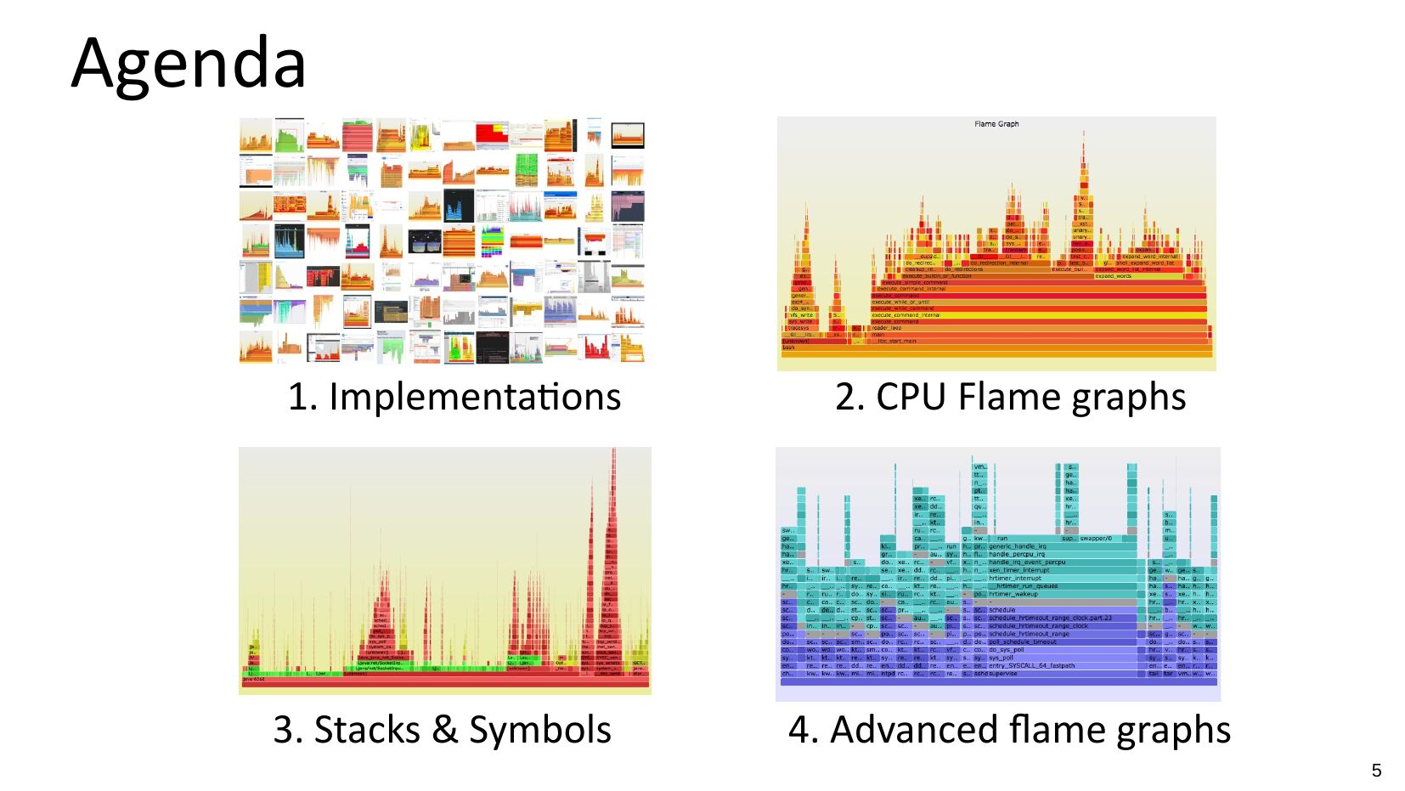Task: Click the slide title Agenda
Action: (189, 63)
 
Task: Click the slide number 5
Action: (1376, 771)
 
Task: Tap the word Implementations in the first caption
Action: (475, 397)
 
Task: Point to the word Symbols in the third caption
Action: (540, 730)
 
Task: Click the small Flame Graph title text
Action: (996, 124)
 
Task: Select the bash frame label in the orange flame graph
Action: (789, 347)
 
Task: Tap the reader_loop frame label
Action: (886, 328)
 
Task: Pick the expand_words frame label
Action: (1113, 276)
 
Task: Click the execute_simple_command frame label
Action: (914, 282)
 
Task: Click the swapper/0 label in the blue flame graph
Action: (1096, 539)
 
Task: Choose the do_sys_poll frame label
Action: (1007, 650)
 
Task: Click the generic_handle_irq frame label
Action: (1018, 546)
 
